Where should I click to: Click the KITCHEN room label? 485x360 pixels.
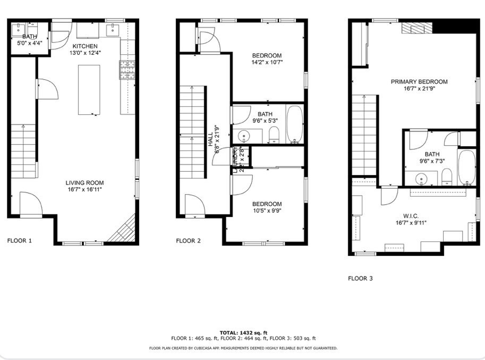click(x=85, y=46)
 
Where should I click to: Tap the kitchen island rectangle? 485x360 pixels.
click(x=89, y=89)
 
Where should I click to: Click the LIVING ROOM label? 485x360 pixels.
click(x=85, y=182)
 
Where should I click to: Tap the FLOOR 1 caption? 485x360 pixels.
click(x=20, y=241)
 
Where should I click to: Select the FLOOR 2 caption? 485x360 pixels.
click(x=189, y=241)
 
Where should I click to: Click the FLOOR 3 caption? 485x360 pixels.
click(x=361, y=278)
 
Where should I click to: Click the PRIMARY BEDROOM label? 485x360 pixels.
click(x=419, y=82)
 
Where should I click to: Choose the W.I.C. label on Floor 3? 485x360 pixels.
click(x=411, y=216)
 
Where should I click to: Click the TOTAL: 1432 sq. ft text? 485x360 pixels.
click(x=243, y=332)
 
